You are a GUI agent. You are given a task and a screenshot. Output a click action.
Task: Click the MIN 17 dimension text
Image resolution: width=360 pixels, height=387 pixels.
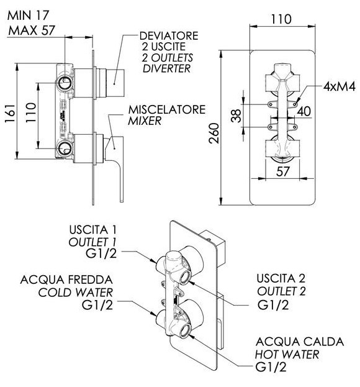[x=28, y=16]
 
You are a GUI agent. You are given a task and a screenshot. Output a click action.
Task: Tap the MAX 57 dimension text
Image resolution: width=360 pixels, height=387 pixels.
[x=31, y=30]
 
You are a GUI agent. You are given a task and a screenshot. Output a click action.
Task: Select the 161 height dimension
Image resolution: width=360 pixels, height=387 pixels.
[x=10, y=113]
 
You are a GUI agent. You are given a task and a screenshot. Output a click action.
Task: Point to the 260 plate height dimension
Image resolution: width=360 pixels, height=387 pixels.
[x=214, y=134]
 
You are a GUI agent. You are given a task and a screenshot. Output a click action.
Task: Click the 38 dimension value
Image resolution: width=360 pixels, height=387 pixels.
[x=236, y=116]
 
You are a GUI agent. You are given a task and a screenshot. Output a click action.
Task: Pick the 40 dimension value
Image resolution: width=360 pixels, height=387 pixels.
[x=304, y=111]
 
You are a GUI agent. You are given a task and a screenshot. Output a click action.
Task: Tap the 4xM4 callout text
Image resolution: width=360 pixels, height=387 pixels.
[x=340, y=86]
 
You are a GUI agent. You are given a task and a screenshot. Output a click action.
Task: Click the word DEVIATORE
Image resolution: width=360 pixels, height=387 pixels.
[x=169, y=36]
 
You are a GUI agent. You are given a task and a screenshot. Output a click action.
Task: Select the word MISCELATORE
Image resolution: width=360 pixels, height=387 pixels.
[x=167, y=109]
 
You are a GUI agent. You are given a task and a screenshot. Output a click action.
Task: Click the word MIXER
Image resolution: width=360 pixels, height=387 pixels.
[x=145, y=121]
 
